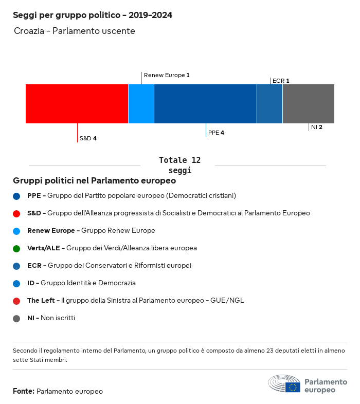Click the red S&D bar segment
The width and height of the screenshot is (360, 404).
pos(77,104)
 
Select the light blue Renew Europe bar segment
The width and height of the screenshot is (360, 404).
pos(141,104)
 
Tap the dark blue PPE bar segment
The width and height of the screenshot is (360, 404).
pos(205,104)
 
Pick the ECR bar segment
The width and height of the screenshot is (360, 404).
pos(269,104)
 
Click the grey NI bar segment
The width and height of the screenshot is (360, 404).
pos(308,104)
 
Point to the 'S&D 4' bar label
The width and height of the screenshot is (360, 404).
pos(88,138)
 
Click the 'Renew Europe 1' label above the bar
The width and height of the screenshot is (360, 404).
pos(167,75)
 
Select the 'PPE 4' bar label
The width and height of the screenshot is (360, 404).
pos(216,133)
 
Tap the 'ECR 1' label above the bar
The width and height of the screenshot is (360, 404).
pos(281,81)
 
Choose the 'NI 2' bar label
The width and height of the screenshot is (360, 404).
pos(317,127)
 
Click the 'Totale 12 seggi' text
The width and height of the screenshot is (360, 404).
pos(179,165)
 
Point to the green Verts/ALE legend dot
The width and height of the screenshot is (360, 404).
pos(17,248)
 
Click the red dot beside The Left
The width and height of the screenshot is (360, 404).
pos(17,301)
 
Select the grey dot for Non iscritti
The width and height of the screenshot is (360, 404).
pos(17,318)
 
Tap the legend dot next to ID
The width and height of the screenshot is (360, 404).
pos(17,283)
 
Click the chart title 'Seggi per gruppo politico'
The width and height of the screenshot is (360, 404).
pos(93,15)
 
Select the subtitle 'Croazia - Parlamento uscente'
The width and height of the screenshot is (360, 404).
pos(75,31)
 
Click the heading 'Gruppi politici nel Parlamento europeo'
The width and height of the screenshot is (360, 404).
pos(95,181)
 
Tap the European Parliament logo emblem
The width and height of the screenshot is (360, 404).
pos(284,384)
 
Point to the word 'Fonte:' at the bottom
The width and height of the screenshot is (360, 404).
pos(24,392)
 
